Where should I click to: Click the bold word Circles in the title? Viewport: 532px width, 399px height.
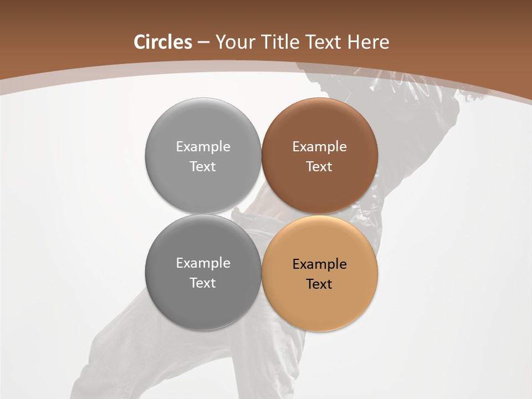click(x=163, y=42)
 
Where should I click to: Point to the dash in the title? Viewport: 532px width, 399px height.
click(x=203, y=43)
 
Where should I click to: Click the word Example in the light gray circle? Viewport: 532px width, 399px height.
click(x=203, y=147)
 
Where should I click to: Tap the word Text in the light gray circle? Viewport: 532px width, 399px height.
click(x=203, y=167)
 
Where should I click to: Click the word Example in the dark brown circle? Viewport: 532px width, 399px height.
click(x=319, y=147)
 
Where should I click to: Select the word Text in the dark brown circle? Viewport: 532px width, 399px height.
click(x=319, y=167)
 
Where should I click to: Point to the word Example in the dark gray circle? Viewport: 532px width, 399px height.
click(x=203, y=263)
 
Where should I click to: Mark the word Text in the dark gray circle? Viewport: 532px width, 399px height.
click(x=203, y=283)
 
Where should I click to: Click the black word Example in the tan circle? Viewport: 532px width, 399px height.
click(x=319, y=264)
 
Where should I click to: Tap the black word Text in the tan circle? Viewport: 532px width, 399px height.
click(x=319, y=284)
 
